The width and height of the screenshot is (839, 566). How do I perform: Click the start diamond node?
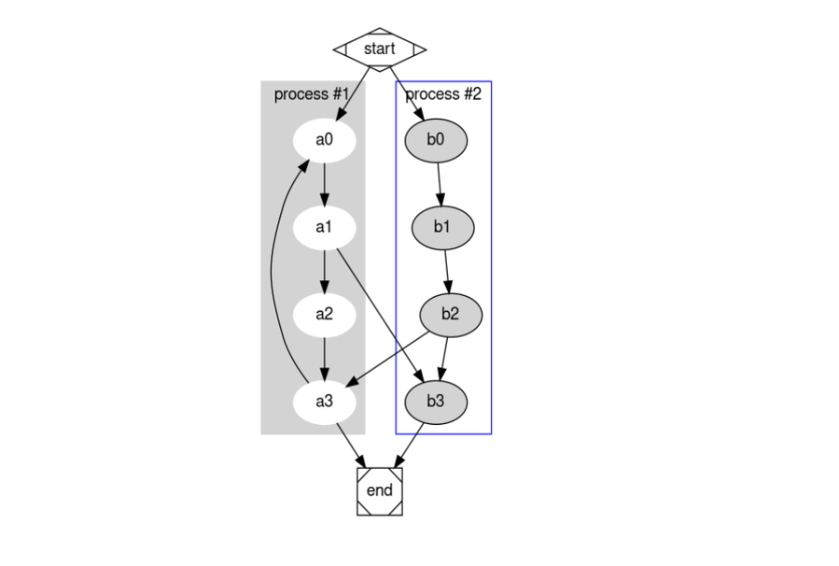click(379, 49)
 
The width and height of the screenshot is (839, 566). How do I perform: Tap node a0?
click(324, 140)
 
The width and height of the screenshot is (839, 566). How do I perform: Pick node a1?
click(324, 227)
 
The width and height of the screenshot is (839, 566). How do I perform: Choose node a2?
click(324, 314)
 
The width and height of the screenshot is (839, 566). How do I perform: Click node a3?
click(324, 402)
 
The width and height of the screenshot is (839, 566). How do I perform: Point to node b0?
click(436, 140)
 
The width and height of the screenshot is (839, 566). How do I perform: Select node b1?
click(442, 227)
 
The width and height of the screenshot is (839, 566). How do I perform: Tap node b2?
click(451, 314)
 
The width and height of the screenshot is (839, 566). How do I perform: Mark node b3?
click(436, 402)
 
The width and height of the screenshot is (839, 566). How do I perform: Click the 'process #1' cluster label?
click(311, 94)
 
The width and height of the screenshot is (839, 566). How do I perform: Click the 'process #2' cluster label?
click(443, 94)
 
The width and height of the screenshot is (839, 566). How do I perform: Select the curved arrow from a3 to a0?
click(271, 271)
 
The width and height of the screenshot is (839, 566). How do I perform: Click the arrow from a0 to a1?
click(324, 183)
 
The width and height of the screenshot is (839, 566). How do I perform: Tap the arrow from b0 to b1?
click(439, 183)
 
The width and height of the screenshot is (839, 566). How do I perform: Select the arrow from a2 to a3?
click(324, 358)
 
